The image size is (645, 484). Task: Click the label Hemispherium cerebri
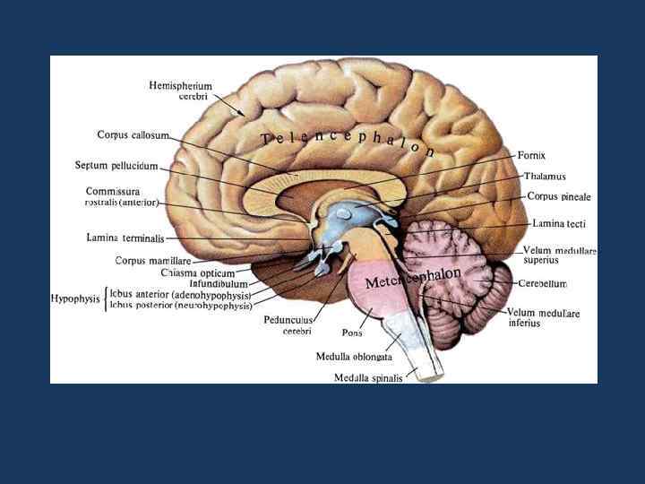[x=180, y=91]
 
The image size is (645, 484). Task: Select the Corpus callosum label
[x=133, y=134]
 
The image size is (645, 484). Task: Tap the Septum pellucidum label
[x=116, y=166]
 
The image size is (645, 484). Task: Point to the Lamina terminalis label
[x=125, y=238]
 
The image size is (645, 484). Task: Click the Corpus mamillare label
[x=153, y=261]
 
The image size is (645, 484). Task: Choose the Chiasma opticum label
[x=198, y=272]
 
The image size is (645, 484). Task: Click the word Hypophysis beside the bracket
[x=75, y=298]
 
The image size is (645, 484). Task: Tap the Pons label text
[x=352, y=333]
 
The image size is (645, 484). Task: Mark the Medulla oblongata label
[x=354, y=356]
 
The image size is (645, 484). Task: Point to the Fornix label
[x=531, y=155]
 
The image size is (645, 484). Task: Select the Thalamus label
[x=545, y=177]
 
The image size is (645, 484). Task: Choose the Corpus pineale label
[x=558, y=196]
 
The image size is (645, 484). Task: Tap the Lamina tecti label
[x=558, y=223]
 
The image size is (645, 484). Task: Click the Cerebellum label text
[x=542, y=283]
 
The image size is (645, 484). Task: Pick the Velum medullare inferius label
[x=544, y=318]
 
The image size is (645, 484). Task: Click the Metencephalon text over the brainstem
[x=413, y=278]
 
